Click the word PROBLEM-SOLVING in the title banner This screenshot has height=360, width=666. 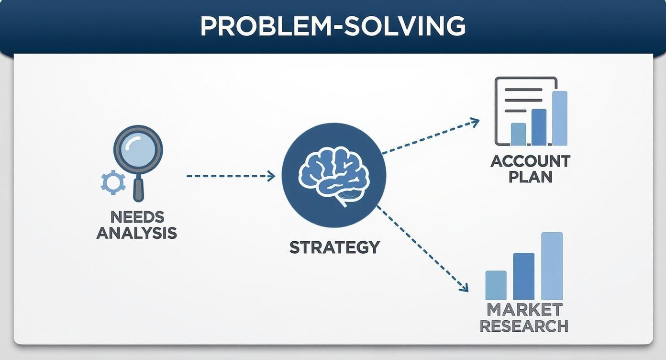333,26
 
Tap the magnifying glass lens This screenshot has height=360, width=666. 138,150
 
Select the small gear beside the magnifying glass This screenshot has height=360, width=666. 113,182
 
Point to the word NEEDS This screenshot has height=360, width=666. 137,217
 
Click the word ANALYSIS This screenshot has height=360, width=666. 137,233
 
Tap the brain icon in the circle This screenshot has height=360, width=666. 333,174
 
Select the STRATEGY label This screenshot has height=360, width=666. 334,247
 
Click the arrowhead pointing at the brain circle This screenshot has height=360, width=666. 272,176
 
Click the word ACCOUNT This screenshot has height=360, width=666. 530,161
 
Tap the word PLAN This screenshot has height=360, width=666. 530,177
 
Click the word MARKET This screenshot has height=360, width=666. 524,309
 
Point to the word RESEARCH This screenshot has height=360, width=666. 524,326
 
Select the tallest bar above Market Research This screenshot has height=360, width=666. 552,266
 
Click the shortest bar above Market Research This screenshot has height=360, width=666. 496,285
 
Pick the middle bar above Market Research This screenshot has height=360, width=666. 523,276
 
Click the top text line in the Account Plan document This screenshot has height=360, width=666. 523,90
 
